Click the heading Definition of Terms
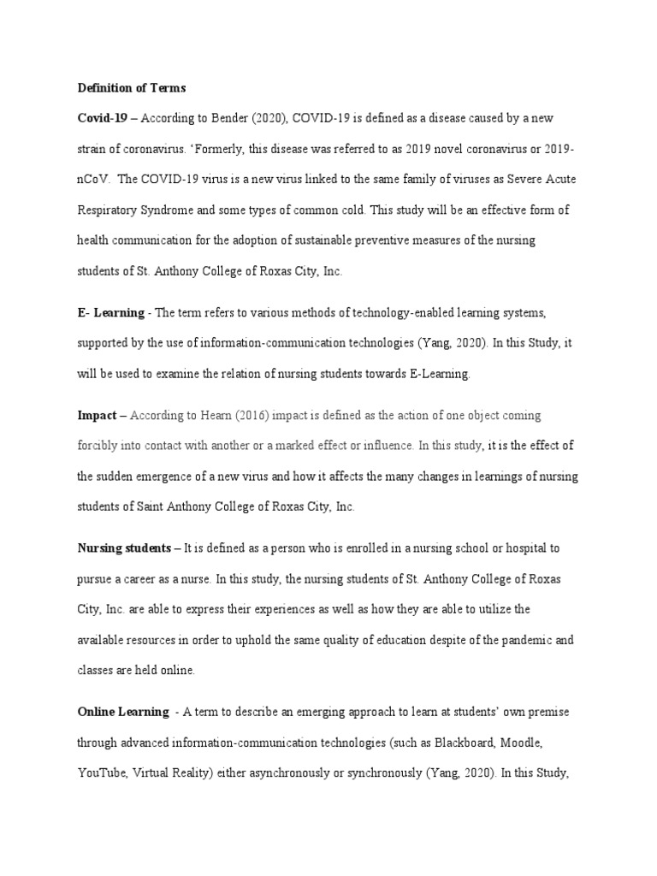pos(132,87)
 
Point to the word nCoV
pos(94,179)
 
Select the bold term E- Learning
pos(110,314)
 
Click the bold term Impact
pos(98,415)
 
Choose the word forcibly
pos(100,446)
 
